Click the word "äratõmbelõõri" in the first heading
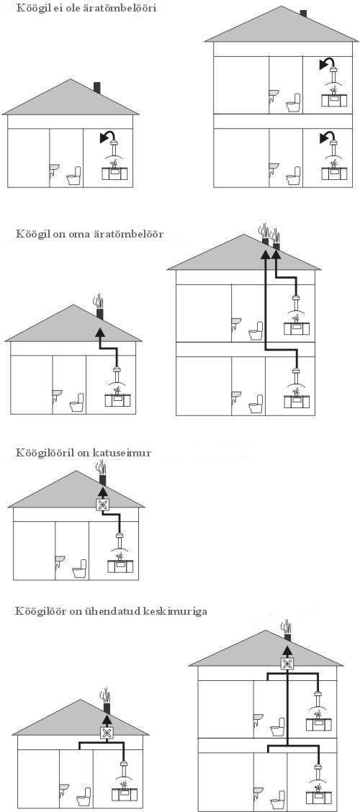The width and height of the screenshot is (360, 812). point(122,9)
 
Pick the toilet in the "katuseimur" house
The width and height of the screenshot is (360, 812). point(80,569)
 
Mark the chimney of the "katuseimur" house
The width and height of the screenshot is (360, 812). point(102,481)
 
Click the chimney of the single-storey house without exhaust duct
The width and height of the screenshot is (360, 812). point(97,88)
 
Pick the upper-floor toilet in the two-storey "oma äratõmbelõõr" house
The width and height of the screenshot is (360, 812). point(256,331)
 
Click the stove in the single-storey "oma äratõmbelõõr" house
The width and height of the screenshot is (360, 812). point(117,400)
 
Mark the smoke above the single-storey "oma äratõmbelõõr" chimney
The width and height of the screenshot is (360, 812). point(98,302)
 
